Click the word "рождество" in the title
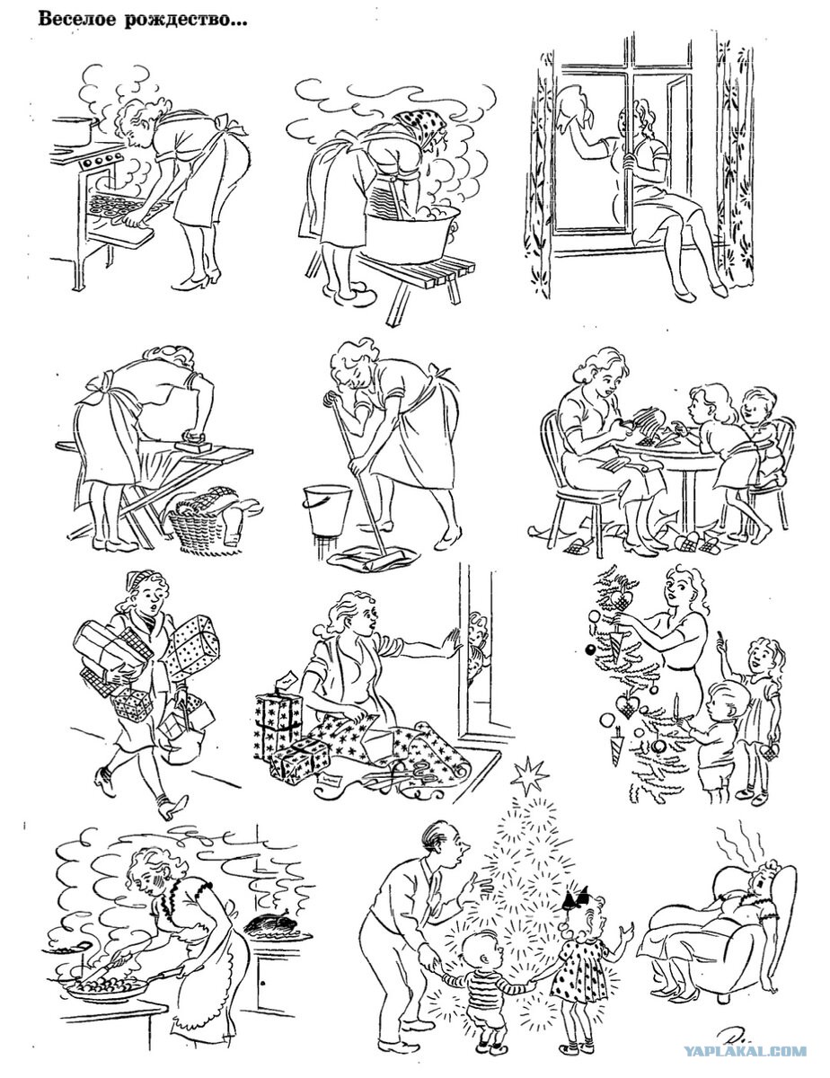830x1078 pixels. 185,22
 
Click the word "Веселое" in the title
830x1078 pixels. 77,20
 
